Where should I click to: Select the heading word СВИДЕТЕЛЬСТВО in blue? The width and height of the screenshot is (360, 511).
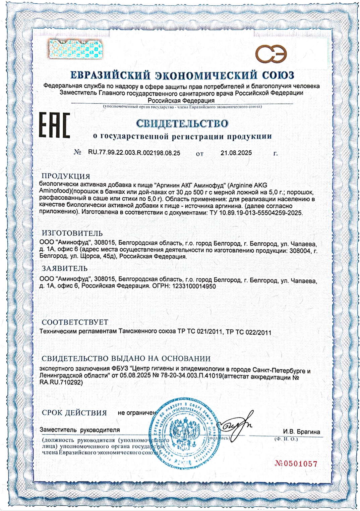pos(182,123)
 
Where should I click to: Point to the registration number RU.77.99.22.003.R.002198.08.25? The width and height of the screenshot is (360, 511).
pos(134,153)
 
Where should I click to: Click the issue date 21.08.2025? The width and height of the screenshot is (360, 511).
pos(236,153)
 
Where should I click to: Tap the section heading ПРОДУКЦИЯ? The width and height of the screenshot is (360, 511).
pos(66,176)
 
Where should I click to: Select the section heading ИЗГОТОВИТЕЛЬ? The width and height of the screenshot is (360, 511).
pos(72,233)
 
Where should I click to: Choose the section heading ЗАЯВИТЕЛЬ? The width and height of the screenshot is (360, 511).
pos(65,268)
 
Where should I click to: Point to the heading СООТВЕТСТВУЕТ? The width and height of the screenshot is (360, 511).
pos(75,322)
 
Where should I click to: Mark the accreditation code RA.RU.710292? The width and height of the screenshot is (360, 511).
pos(61,382)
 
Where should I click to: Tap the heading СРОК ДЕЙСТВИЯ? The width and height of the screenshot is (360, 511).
pos(74,413)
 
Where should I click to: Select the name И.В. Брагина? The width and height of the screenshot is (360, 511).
pos(301,432)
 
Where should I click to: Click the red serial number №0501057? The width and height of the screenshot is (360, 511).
pos(296,464)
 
